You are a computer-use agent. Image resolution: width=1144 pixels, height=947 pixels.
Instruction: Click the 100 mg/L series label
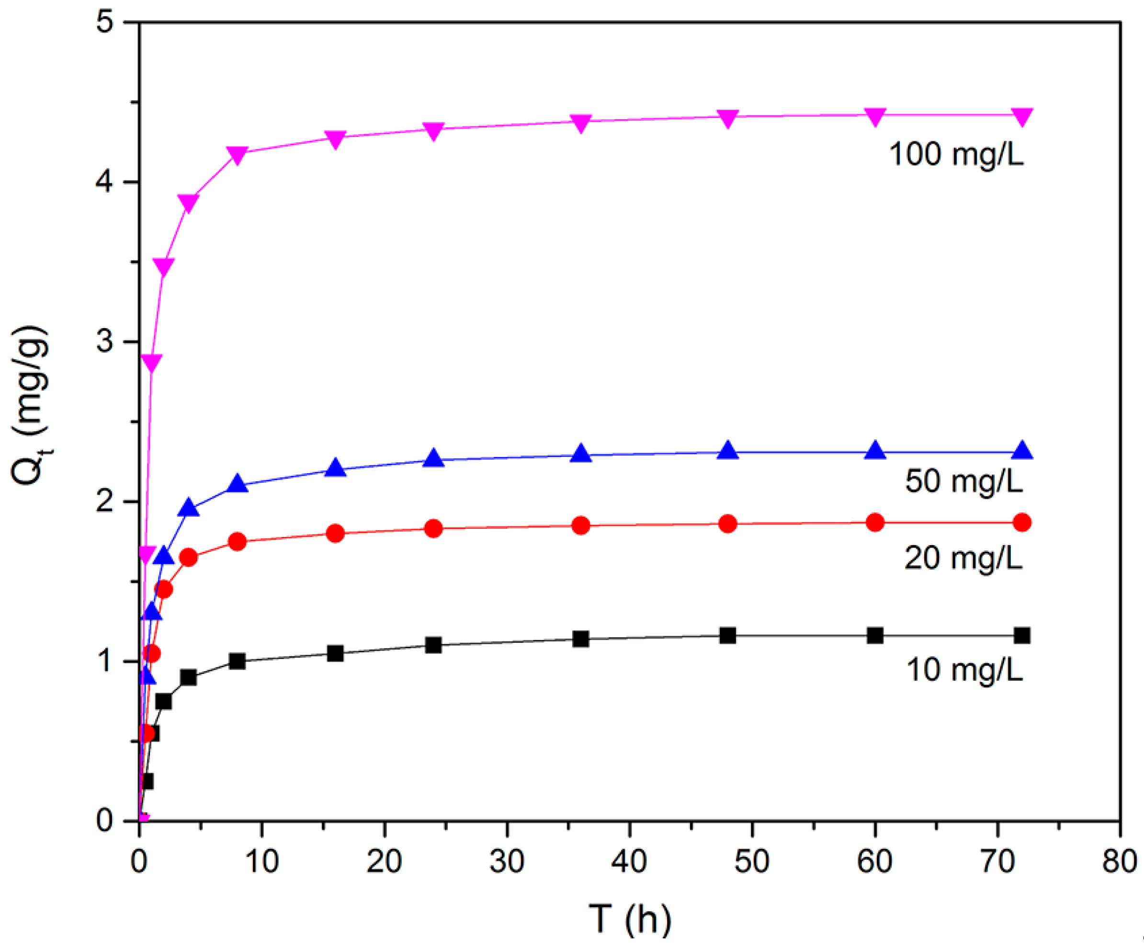tap(956, 154)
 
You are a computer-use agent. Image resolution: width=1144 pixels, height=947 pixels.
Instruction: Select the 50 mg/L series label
tap(963, 481)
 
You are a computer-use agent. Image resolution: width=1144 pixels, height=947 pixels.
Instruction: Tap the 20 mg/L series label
tap(963, 558)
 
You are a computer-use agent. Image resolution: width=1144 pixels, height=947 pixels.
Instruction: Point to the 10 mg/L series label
tap(964, 670)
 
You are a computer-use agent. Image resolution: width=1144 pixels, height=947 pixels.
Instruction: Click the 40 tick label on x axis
tap(630, 861)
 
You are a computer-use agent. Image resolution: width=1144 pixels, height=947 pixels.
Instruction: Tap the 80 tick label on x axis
tap(1119, 861)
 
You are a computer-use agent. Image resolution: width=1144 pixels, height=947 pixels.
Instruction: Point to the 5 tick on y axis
tap(104, 23)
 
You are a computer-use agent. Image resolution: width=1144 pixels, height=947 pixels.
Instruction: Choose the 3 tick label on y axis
tap(104, 342)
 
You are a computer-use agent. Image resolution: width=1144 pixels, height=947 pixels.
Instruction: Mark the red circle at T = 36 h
tap(581, 525)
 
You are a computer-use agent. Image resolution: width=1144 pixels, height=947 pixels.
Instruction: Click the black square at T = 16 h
tap(336, 653)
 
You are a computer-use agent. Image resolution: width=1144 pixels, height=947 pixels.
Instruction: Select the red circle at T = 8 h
tap(238, 542)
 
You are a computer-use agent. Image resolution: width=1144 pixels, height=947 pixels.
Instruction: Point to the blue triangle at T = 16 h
tap(336, 468)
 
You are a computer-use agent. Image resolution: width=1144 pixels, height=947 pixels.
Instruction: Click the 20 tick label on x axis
tap(384, 861)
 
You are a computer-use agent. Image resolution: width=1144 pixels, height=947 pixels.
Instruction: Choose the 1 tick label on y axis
tap(104, 661)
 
